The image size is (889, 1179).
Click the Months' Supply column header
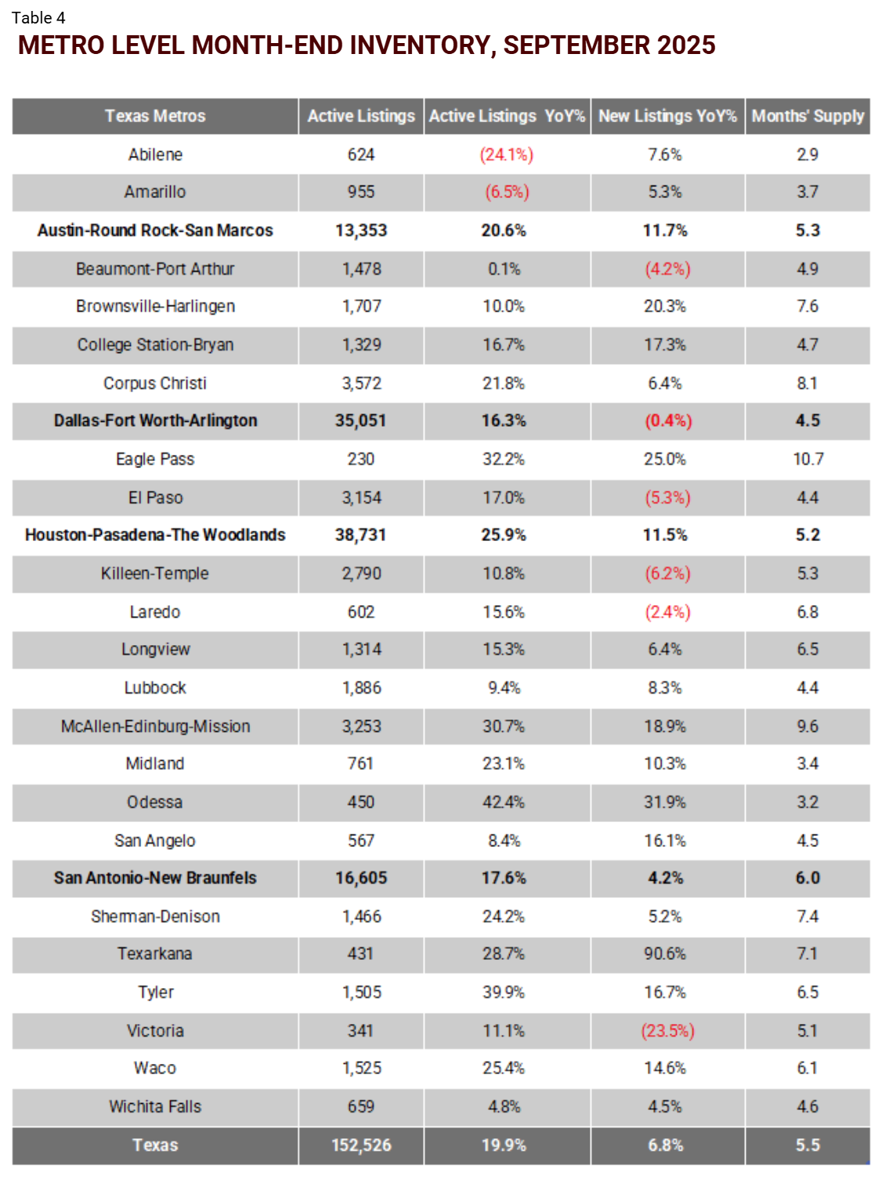(x=808, y=116)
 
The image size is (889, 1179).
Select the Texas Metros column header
(x=155, y=116)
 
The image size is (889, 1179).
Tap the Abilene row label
(x=155, y=154)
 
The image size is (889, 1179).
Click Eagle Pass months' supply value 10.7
(x=808, y=459)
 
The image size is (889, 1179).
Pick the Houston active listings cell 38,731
(x=360, y=535)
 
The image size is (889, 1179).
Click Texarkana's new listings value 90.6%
(x=665, y=954)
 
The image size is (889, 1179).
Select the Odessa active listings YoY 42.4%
(x=504, y=802)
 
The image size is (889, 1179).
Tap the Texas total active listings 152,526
(x=361, y=1145)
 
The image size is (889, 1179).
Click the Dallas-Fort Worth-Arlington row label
(x=155, y=420)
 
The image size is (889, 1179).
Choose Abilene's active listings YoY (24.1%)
(x=507, y=154)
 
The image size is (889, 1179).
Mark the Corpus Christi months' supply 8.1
(x=808, y=383)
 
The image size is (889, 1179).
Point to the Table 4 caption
(x=38, y=17)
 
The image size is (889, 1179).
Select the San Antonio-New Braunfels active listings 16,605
(x=361, y=878)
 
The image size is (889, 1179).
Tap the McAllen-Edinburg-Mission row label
(x=155, y=726)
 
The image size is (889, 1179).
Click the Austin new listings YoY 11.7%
(x=665, y=230)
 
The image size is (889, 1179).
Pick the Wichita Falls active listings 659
(x=361, y=1106)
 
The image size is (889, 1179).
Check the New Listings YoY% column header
(x=667, y=116)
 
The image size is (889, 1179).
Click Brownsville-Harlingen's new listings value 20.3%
(x=665, y=306)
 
